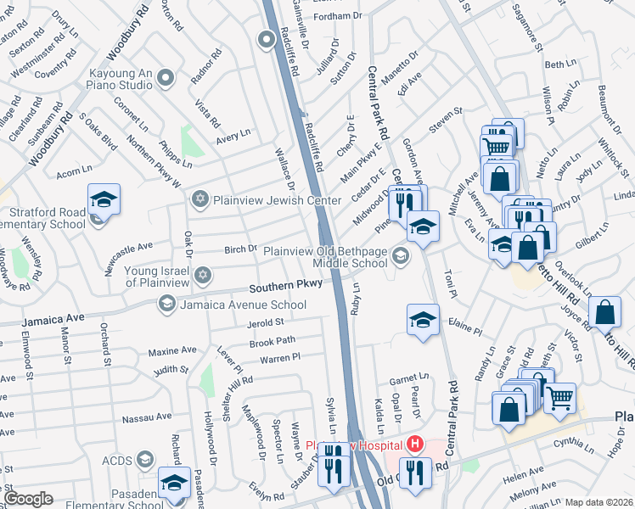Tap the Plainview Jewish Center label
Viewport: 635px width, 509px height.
click(276, 200)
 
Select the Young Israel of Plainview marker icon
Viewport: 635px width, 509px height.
click(202, 275)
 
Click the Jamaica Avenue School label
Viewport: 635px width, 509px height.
click(243, 305)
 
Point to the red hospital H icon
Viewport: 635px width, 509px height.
click(415, 444)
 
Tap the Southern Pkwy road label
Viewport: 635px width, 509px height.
click(285, 285)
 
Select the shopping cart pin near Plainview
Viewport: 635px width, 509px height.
click(559, 397)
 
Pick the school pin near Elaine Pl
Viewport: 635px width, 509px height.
click(423, 320)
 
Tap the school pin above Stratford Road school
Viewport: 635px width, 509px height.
click(104, 199)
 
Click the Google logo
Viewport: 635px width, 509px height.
click(28, 499)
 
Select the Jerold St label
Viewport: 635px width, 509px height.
click(265, 322)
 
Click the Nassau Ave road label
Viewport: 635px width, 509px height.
click(147, 418)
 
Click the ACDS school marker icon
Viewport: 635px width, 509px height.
click(144, 460)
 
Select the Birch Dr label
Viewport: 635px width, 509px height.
click(240, 249)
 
